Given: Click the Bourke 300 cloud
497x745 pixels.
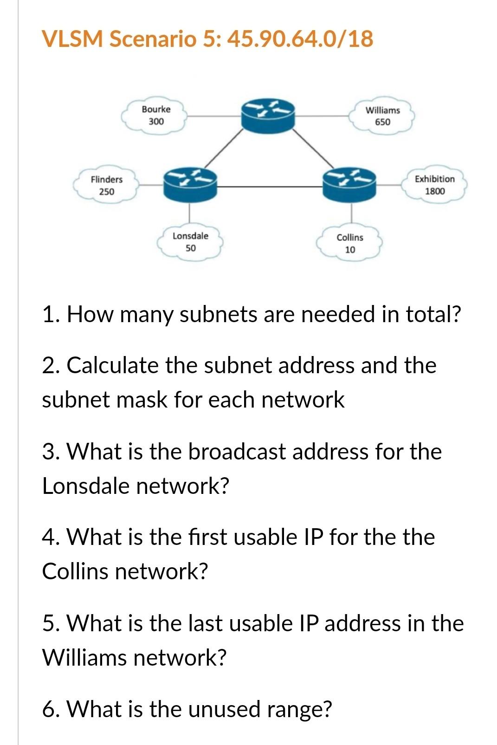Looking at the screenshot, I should click(x=155, y=116).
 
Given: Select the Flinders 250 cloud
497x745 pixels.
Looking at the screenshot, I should click(x=107, y=185).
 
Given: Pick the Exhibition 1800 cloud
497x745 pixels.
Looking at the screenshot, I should click(x=434, y=185).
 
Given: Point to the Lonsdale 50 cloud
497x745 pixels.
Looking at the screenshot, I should click(x=190, y=242).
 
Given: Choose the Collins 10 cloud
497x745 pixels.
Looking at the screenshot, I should click(x=350, y=243).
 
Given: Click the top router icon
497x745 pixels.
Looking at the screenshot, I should click(x=268, y=114).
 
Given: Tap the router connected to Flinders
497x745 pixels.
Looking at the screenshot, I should click(x=190, y=184).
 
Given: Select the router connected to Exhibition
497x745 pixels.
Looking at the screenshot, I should click(x=349, y=184).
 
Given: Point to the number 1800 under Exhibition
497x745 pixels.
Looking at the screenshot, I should click(x=435, y=191).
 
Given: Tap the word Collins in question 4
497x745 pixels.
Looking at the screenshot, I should click(x=75, y=571).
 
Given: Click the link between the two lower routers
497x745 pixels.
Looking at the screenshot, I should click(x=270, y=187).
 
